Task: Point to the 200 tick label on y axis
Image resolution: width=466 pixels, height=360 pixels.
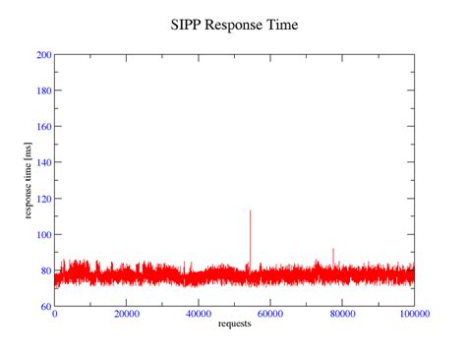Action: pyautogui.click(x=43, y=54)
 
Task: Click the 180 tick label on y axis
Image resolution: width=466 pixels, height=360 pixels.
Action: pyautogui.click(x=43, y=90)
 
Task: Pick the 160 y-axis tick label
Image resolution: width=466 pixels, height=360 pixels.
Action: pyautogui.click(x=43, y=126)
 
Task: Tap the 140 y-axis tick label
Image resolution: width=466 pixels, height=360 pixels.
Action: pyautogui.click(x=43, y=162)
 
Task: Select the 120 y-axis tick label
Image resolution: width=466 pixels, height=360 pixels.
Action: pyautogui.click(x=43, y=199)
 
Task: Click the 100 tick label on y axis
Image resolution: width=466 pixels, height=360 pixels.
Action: pyautogui.click(x=43, y=235)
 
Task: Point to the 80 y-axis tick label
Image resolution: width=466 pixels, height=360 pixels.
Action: pyautogui.click(x=46, y=270)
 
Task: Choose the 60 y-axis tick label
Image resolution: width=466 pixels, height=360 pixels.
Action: pyautogui.click(x=46, y=307)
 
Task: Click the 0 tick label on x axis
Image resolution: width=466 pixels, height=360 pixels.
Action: pyautogui.click(x=55, y=315)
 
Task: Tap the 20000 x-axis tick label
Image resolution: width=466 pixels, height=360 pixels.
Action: pyautogui.click(x=127, y=315)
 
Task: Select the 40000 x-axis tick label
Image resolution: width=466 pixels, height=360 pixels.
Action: pyautogui.click(x=199, y=315)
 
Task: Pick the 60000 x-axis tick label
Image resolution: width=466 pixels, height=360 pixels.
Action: pyautogui.click(x=270, y=315)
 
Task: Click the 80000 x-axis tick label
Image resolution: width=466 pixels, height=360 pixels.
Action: pyautogui.click(x=342, y=315)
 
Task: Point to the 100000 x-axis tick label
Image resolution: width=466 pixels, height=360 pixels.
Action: pyautogui.click(x=414, y=315)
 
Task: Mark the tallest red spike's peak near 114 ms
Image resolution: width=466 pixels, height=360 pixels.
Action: pyautogui.click(x=250, y=210)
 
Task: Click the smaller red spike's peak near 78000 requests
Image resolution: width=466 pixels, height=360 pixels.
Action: pyautogui.click(x=333, y=249)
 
